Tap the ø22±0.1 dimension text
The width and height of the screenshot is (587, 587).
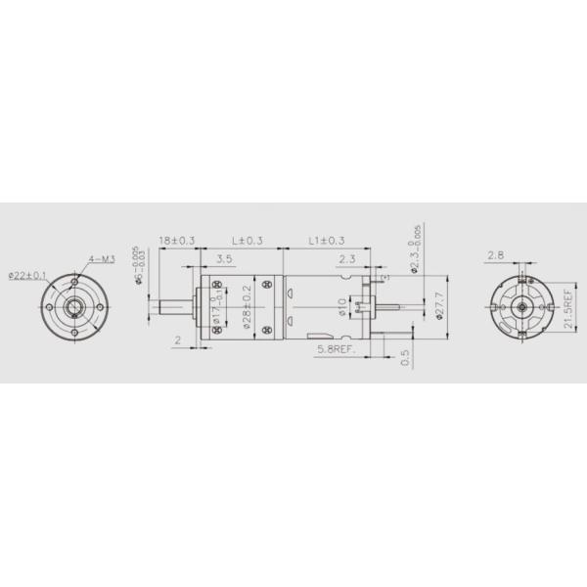[25, 275]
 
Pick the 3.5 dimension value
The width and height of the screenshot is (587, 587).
[223, 260]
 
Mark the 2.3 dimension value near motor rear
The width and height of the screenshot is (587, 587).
[347, 260]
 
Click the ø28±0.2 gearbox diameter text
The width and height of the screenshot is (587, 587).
[248, 305]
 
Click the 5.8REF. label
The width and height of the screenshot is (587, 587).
[337, 348]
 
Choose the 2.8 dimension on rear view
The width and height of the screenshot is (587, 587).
[496, 255]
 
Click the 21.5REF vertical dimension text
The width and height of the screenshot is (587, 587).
[569, 308]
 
